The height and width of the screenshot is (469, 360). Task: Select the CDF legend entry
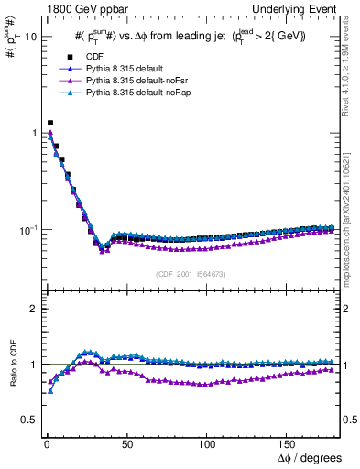tap(108, 56)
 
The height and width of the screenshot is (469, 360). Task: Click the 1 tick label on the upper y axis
tap(32, 134)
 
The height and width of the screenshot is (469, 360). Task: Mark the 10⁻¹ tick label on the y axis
tap(27, 229)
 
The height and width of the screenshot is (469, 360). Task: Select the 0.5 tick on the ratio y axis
tap(28, 420)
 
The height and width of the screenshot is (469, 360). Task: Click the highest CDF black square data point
tap(50, 123)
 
